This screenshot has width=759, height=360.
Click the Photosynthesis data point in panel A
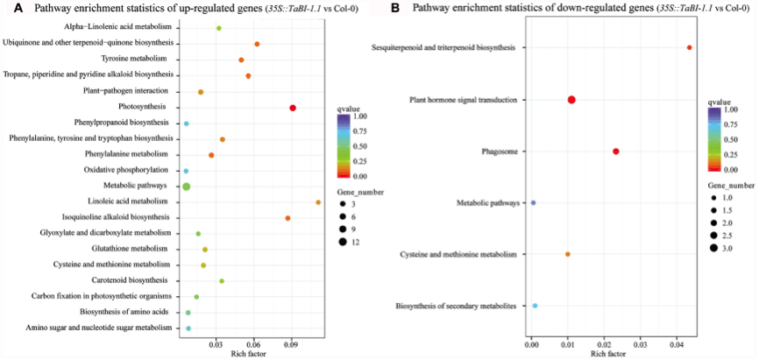click(293, 108)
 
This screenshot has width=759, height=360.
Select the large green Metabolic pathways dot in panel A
click(186, 186)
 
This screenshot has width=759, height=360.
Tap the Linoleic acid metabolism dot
click(318, 202)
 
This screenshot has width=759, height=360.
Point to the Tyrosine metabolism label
click(138, 59)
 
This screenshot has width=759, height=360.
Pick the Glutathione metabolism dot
click(205, 250)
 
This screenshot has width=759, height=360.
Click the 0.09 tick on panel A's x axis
click(292, 344)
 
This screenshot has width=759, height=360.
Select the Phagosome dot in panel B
click(616, 152)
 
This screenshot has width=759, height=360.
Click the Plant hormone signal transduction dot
click(571, 100)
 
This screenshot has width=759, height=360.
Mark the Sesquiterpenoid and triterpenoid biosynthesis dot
click(690, 47)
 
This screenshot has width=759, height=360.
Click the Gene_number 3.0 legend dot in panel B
click(714, 249)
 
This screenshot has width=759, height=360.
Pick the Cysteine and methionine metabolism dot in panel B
click(568, 254)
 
